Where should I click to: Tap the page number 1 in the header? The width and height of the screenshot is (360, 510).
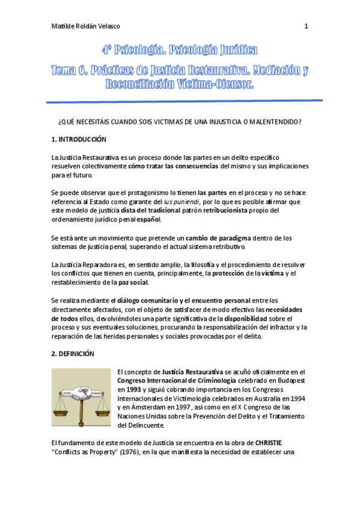click(307, 26)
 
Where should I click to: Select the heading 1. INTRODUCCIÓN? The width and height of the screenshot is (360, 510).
click(79, 140)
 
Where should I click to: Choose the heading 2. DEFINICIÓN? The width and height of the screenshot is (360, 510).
click(73, 354)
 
